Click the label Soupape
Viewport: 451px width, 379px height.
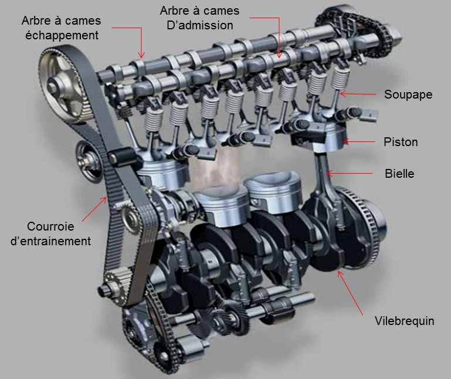point(408,94)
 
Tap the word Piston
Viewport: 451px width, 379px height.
point(401,142)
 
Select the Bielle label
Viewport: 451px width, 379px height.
point(399,174)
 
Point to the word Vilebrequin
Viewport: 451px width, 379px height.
point(405,321)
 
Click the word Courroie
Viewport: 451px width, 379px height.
point(50,226)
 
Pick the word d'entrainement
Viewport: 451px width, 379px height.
point(50,241)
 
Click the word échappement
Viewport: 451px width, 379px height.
point(62,35)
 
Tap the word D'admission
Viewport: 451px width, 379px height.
point(200,25)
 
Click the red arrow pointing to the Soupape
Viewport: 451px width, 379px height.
point(358,94)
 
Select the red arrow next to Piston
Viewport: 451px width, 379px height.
point(359,141)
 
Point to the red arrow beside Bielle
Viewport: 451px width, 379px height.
point(350,174)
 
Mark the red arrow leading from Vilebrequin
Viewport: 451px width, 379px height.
point(350,293)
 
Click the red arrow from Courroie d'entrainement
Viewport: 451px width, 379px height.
point(94,209)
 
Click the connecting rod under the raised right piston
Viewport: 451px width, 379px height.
point(325,178)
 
